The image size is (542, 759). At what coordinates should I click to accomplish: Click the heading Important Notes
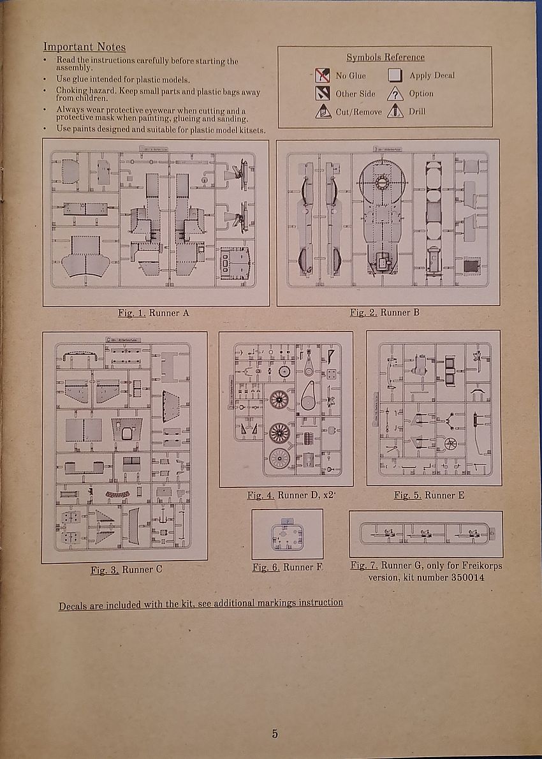[x=84, y=47]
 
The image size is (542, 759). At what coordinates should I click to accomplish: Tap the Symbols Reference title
[x=385, y=57]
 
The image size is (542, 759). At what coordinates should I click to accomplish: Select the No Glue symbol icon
[x=323, y=76]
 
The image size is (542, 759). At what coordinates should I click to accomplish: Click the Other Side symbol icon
[x=323, y=94]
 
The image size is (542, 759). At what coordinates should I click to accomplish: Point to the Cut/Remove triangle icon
[x=323, y=112]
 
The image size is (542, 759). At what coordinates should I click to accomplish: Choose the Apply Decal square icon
[x=395, y=76]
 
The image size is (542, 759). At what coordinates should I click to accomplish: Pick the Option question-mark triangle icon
[x=395, y=94]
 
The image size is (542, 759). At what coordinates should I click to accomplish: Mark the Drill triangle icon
[x=395, y=112]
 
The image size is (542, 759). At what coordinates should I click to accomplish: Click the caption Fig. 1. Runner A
[x=154, y=313]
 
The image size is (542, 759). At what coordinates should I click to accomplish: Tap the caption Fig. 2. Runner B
[x=385, y=313]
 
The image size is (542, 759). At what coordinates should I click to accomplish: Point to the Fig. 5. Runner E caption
[x=434, y=495]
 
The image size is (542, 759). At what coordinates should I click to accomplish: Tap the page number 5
[x=275, y=734]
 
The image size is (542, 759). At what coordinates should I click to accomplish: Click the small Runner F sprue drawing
[x=287, y=536]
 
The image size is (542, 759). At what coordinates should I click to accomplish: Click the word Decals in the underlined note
[x=73, y=606]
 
